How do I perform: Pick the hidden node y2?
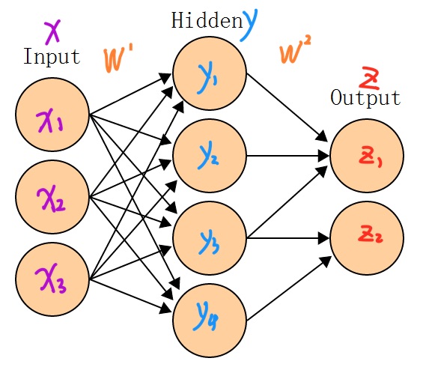pos(210,156)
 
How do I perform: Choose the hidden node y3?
pos(210,238)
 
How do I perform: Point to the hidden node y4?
pos(210,321)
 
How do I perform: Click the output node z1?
pos(367,156)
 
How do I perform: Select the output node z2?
pos(367,238)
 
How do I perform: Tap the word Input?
pos(51,56)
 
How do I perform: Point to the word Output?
pos(365,98)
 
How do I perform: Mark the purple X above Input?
pos(52,31)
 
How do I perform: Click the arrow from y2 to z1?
pos(288,156)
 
